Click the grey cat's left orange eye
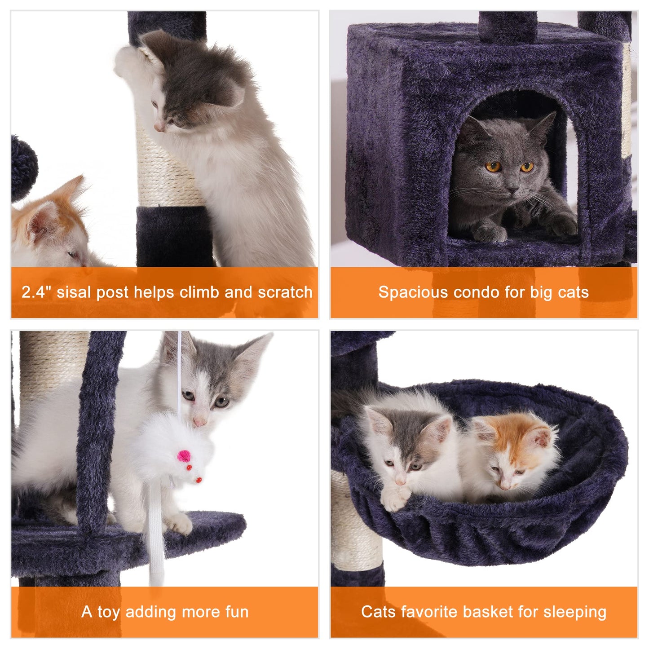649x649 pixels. tap(493, 167)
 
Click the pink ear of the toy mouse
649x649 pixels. tap(184, 456)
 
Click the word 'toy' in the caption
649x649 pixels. tap(108, 612)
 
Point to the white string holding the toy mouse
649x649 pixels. tap(180, 373)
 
